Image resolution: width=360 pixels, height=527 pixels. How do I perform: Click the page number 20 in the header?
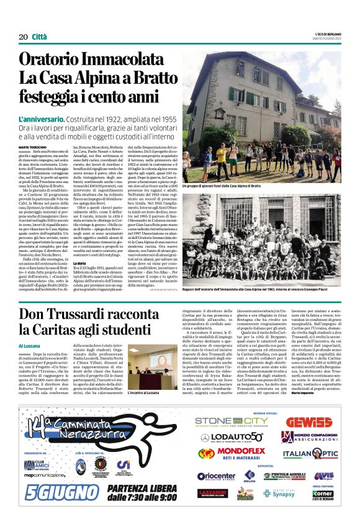coord(22,37)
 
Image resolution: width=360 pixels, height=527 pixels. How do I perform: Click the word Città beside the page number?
coord(38,37)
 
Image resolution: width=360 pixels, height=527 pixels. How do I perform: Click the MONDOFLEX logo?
coord(241,454)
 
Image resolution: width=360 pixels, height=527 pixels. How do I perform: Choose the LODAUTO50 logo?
coord(237,438)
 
